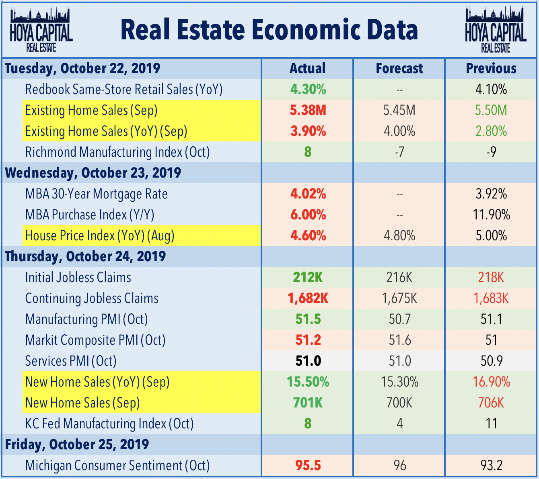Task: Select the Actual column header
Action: click(308, 68)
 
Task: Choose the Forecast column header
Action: click(399, 68)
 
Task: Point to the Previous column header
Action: click(491, 68)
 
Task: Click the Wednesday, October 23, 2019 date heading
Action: click(93, 173)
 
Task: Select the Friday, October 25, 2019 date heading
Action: click(77, 444)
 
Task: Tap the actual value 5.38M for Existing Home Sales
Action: click(308, 110)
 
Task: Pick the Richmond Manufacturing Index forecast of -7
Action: click(399, 152)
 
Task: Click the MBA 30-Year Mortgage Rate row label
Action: click(97, 194)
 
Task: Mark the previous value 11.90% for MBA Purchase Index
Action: click(491, 215)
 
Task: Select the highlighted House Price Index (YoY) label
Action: click(100, 235)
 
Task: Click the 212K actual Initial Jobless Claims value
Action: click(308, 277)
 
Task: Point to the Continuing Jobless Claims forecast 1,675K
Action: click(399, 298)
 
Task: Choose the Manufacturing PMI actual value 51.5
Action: click(308, 319)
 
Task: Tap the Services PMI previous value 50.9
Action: click(491, 361)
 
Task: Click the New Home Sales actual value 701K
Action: click(308, 403)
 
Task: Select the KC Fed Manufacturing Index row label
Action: click(109, 424)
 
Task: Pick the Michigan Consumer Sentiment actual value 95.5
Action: click(308, 465)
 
